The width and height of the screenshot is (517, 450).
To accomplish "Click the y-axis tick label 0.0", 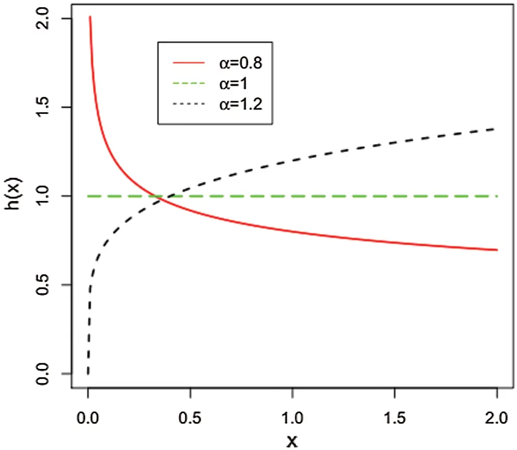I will (44, 373).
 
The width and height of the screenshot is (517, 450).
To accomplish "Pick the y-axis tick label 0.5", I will (44, 285).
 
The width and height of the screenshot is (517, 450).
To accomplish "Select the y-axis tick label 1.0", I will (44, 196).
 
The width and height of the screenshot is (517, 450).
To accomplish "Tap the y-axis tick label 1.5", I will (44, 107).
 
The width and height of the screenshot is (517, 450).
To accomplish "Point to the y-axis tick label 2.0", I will (44, 19).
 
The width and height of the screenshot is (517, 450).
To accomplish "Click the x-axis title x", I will (292, 441).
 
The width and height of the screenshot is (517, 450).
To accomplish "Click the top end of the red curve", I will (90, 17).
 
